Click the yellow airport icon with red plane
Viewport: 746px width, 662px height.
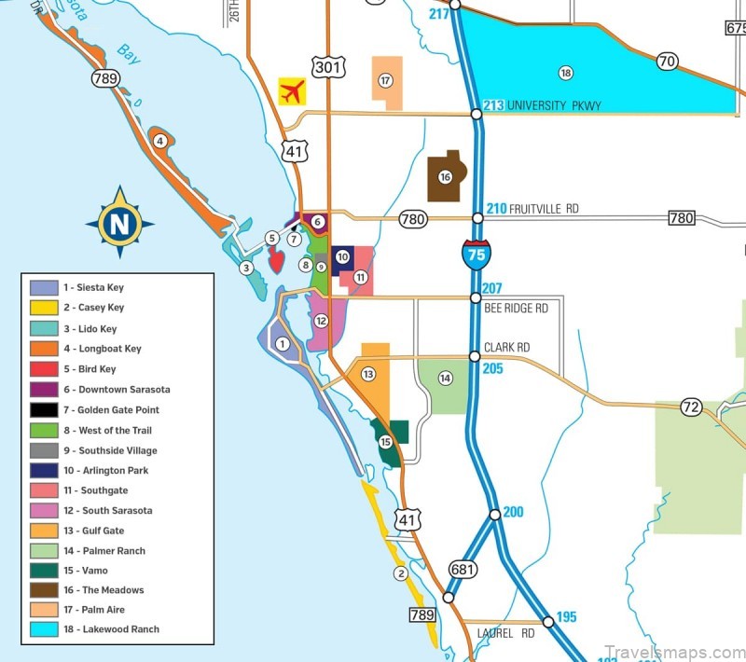292,91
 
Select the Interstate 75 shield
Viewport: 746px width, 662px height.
477,255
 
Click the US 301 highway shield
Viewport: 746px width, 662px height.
330,65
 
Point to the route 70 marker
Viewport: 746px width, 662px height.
666,62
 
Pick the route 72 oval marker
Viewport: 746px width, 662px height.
691,407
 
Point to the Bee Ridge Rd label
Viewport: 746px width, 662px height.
516,308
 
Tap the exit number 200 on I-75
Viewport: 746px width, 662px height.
513,512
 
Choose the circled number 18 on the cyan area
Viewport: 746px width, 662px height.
565,73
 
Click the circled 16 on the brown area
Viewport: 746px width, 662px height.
446,177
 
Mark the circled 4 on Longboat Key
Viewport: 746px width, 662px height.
160,142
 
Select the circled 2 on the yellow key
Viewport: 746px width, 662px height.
401,573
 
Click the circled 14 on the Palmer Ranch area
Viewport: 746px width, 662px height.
446,378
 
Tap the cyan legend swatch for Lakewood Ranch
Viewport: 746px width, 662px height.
44,629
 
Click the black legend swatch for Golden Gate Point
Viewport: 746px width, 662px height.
44,410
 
